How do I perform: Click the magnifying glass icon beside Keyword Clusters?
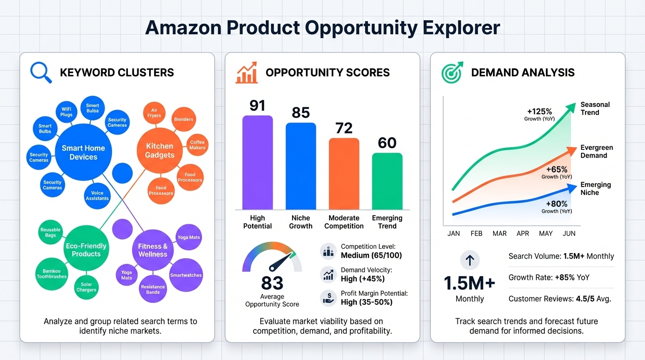coord(40,73)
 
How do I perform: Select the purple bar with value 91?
coord(257,162)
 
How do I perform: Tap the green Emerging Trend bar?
coord(387,181)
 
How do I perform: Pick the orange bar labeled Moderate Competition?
coord(344,173)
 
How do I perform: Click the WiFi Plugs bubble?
coord(67,112)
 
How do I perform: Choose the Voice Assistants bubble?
coord(97,195)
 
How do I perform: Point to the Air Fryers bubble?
coord(154,113)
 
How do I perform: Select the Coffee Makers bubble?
coord(197,145)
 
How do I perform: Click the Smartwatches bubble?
coord(186,275)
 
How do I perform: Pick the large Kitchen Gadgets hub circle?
coord(159,150)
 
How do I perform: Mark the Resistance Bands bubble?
coord(153,289)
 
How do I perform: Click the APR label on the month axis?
coord(523,233)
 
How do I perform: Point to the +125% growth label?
coord(539,112)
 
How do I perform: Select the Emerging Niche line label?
coord(595,188)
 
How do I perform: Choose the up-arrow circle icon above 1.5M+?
coord(470,259)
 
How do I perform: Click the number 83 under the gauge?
coord(272,283)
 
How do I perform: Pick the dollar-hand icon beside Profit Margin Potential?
coord(328,298)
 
